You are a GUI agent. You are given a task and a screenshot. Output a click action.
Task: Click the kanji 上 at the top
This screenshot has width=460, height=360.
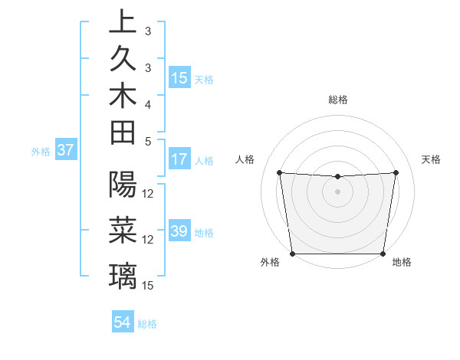pos(123,22)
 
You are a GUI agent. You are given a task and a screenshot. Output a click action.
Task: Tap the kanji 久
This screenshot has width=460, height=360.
pos(123,59)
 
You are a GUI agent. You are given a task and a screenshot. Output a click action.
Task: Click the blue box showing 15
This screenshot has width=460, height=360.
pos(179,77)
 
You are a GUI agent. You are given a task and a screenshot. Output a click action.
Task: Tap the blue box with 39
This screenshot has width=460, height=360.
pos(179,231)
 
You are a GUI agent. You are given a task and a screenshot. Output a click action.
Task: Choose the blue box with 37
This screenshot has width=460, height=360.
pos(66,150)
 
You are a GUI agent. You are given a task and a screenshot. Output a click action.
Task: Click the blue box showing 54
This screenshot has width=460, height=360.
pos(123,322)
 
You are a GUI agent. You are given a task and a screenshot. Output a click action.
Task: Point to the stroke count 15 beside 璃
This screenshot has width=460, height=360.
pos(148,286)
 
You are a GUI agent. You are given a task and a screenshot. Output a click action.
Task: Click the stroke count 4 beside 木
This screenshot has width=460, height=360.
pos(148,103)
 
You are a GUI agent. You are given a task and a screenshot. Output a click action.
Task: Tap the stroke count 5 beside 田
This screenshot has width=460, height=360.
pos(148,140)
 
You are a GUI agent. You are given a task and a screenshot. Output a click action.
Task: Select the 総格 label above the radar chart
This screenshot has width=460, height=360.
pos(338,100)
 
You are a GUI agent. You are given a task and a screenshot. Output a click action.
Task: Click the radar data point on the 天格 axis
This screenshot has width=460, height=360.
pos(396,172)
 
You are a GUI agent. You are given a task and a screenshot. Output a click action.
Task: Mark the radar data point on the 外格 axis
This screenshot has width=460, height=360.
pos(293,253)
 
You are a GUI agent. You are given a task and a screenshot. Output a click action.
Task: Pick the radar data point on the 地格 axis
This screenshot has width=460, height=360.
pos(383,254)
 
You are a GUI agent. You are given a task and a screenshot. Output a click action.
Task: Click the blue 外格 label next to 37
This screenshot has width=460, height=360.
pos(41,152)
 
